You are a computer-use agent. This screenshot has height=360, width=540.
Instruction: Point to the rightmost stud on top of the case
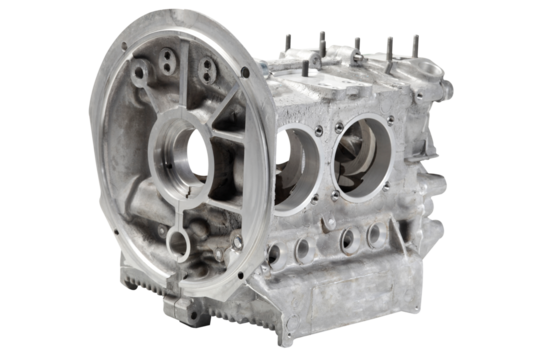(416, 45)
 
